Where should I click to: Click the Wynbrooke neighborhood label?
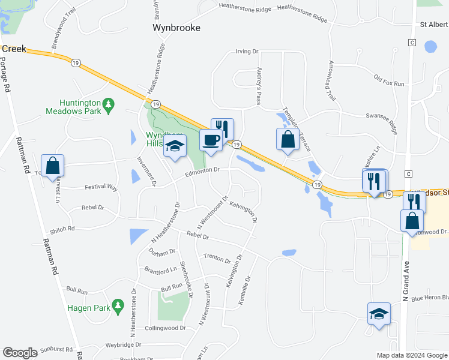tap(176, 28)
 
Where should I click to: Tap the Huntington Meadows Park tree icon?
tap(109, 106)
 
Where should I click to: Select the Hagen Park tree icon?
tap(118, 307)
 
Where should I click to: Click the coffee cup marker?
tap(211, 140)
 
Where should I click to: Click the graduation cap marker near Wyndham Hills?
tap(175, 146)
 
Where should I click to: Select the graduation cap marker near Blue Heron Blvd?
tap(379, 314)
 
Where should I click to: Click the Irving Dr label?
tap(247, 52)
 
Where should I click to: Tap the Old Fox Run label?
tap(388, 80)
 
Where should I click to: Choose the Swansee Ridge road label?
tap(381, 119)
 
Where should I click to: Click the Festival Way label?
tap(100, 187)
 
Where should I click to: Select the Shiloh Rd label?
tap(62, 229)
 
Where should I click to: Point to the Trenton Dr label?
tap(217, 259)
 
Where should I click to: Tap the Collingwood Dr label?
tap(166, 328)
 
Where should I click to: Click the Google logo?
tap(20, 353)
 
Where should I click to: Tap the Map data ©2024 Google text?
tap(411, 355)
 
